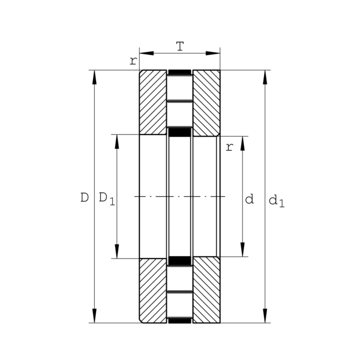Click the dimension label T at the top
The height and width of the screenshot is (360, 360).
pos(180,46)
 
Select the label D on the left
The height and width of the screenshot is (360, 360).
pos(85,197)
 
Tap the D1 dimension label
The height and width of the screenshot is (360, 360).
pos(107,199)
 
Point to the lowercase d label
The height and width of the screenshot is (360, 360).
pos(250,199)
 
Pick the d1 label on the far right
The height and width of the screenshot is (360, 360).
pos(277,201)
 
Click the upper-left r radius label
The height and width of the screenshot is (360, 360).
pos(133,61)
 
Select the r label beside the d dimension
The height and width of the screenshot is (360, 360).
pos(229,147)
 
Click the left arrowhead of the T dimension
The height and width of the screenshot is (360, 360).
pos(146,53)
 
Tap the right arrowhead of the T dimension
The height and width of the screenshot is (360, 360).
pos(213,53)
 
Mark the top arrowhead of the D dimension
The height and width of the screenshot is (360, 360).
pos(94,77)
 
